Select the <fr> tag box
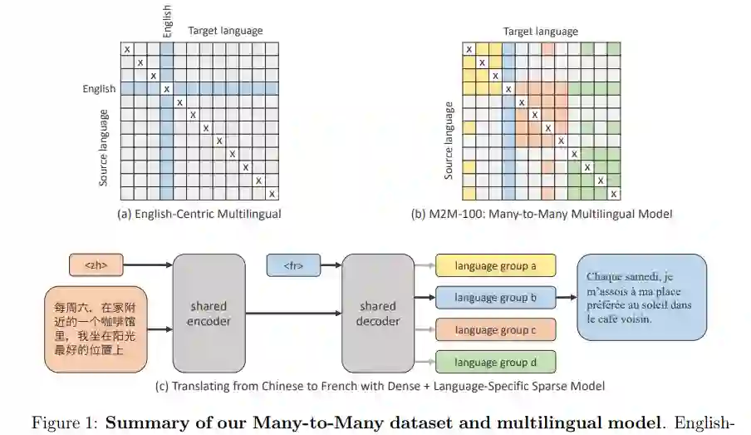click(293, 266)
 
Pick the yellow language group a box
click(495, 266)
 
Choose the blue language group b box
click(495, 297)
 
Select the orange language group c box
click(495, 330)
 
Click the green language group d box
click(495, 362)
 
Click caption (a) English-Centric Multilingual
click(199, 214)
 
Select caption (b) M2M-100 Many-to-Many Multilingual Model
click(541, 214)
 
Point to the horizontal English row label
click(99, 88)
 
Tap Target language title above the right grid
click(540, 31)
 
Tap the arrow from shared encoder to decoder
click(293, 314)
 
